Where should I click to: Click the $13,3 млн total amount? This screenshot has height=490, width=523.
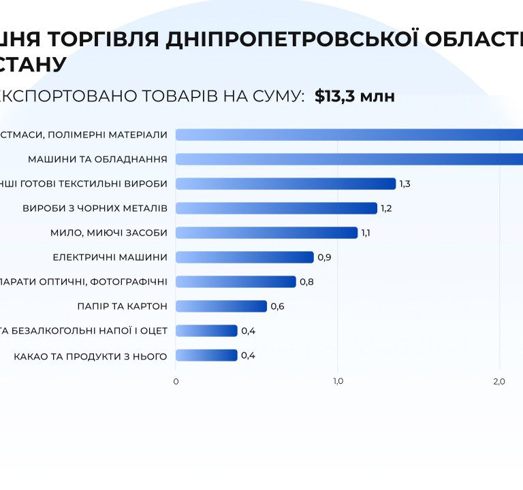tap(355, 96)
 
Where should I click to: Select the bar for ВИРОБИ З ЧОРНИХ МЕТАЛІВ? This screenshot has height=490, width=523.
tap(276, 208)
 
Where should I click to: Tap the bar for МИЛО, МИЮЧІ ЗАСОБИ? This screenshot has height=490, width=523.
tap(266, 232)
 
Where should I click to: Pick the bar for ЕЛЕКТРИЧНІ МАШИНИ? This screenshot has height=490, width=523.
tap(244, 257)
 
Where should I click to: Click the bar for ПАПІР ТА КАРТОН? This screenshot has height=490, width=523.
tap(221, 306)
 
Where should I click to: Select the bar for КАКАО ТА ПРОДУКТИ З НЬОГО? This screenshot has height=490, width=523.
tap(206, 355)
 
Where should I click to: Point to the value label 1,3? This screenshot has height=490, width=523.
tap(405, 184)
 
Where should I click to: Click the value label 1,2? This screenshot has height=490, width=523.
tap(386, 208)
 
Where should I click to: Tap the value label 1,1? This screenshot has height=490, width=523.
tap(366, 233)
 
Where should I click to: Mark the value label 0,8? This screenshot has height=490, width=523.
tap(306, 282)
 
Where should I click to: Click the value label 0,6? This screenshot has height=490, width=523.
tap(277, 306)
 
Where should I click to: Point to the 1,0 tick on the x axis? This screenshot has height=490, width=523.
tap(338, 381)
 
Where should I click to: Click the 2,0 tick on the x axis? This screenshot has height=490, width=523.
tap(499, 381)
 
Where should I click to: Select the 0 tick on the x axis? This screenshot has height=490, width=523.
tap(176, 381)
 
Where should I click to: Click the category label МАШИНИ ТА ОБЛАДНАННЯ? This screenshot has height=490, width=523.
tap(97, 159)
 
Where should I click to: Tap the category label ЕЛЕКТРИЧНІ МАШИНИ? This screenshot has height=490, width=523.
tap(110, 257)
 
